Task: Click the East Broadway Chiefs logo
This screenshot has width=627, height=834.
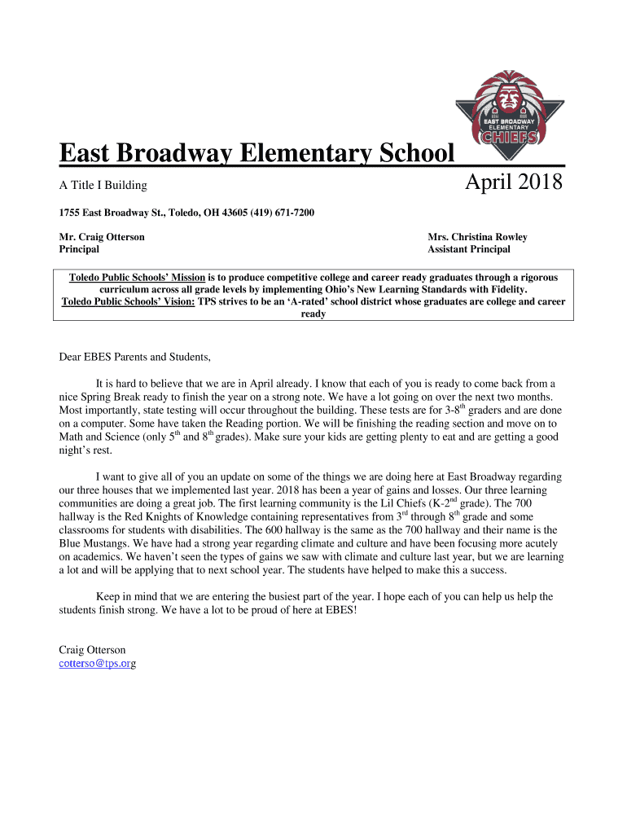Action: (511, 108)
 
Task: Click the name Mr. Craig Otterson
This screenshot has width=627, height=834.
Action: (102, 237)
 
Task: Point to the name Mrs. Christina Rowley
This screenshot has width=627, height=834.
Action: (477, 237)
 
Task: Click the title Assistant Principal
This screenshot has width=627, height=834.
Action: (468, 249)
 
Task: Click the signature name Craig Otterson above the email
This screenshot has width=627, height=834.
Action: (92, 650)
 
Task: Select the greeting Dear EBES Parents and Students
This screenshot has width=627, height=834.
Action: (135, 357)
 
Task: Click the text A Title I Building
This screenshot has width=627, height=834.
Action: (103, 186)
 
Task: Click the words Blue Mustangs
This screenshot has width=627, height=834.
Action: (90, 542)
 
